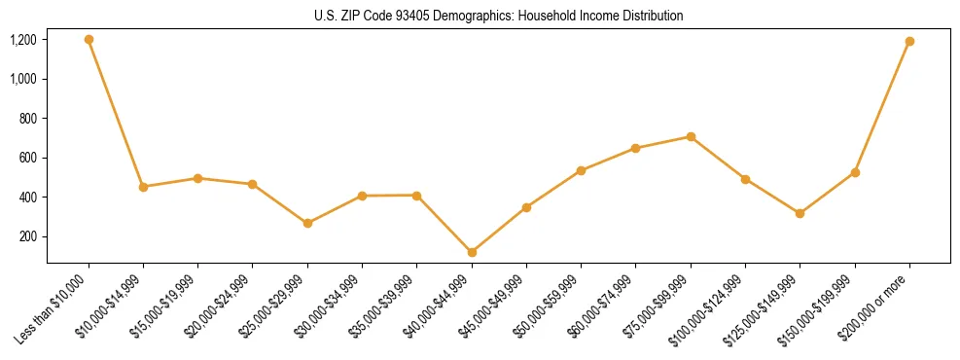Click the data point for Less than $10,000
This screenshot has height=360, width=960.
89,40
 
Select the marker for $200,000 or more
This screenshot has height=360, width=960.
909,42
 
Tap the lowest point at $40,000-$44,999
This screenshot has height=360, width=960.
472,252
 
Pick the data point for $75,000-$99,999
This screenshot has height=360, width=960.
691,136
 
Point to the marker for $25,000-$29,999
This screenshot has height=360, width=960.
307,223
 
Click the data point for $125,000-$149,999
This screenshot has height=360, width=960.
800,213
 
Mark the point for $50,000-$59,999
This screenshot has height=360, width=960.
581,170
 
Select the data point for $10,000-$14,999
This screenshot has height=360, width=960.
143,187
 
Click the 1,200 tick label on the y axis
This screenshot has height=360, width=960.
23,40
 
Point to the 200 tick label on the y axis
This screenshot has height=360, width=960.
28,236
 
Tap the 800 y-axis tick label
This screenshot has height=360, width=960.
28,119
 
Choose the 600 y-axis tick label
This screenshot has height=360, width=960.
28,158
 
